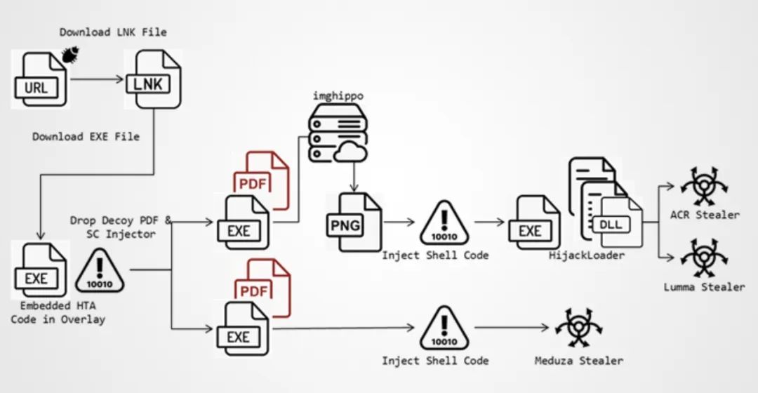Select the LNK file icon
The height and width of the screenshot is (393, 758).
click(x=152, y=79)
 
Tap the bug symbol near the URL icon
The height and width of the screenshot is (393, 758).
click(x=70, y=53)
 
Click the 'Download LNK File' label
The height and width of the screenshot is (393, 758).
click(x=113, y=32)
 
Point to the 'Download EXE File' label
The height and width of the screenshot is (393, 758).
click(x=86, y=136)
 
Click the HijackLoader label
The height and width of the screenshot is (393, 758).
click(x=586, y=255)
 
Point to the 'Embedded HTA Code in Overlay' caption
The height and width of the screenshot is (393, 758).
click(x=58, y=313)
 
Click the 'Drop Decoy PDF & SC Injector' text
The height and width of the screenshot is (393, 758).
click(x=121, y=227)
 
